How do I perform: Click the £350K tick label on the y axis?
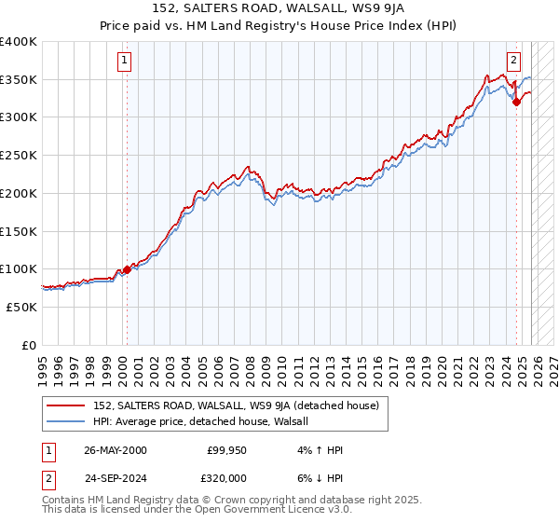[19, 79]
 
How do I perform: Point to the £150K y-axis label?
[19, 230]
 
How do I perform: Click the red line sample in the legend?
[65, 406]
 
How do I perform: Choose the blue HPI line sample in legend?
[65, 421]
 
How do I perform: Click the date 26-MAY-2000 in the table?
[116, 450]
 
